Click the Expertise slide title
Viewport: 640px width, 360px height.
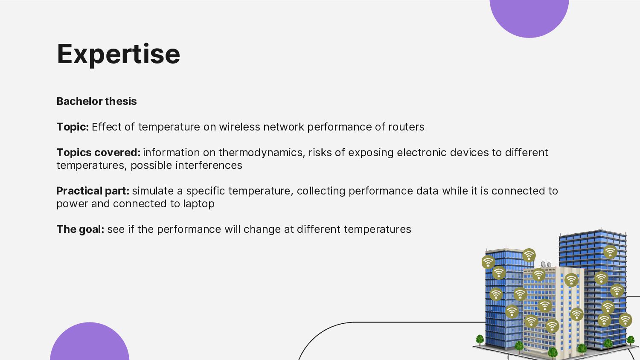(118, 54)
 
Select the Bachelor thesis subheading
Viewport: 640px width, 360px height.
(96, 102)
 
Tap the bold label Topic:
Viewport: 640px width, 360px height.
(73, 127)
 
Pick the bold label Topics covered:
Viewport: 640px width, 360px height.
(98, 153)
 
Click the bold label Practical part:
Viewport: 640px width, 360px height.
(93, 191)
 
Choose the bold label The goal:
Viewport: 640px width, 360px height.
(80, 229)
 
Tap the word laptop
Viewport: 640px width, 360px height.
(199, 204)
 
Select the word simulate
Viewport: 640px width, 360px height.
(153, 191)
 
